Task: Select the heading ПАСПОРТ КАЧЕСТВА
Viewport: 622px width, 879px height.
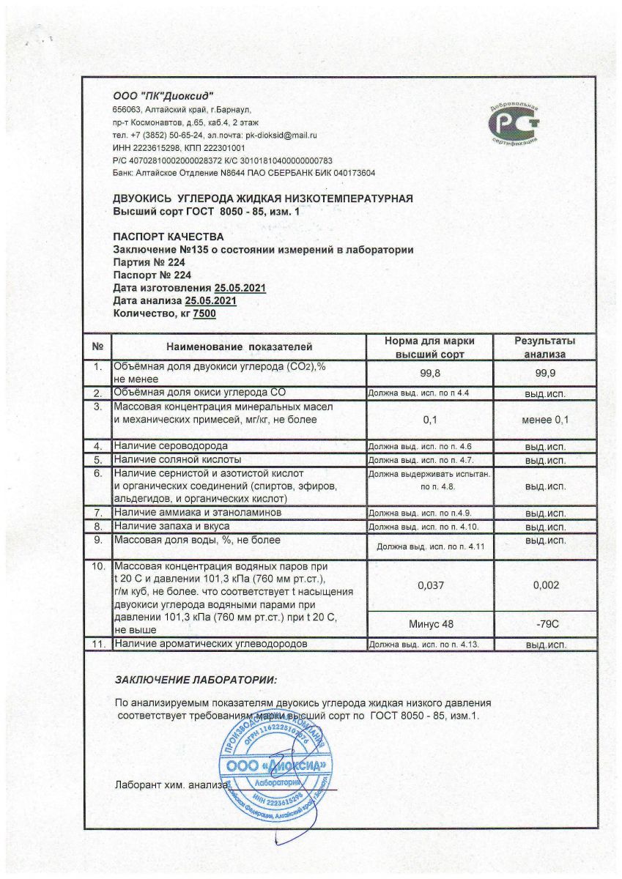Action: coord(169,237)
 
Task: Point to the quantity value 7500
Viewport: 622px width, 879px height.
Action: coord(204,314)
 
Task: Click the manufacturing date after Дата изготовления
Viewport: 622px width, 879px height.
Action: coord(240,289)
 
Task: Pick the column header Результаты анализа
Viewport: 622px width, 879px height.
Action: coord(544,347)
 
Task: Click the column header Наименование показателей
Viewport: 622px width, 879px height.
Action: coord(239,346)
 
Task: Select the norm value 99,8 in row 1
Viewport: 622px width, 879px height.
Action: coord(430,373)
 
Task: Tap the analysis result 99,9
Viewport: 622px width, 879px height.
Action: coord(544,373)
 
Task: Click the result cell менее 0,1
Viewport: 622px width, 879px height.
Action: coord(544,420)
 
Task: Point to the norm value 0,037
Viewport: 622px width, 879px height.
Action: coord(430,585)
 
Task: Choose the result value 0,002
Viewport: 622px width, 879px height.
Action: coord(544,585)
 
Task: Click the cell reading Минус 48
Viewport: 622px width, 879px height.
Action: coord(430,623)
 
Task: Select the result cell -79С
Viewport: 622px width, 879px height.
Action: coord(544,623)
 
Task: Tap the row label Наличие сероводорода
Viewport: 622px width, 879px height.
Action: coord(170,445)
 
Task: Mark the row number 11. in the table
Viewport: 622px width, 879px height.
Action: coord(97,644)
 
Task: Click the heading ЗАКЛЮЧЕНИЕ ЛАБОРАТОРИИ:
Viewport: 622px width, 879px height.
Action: coord(196,680)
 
